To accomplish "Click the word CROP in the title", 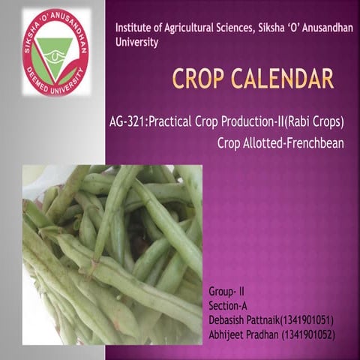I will click(199, 77).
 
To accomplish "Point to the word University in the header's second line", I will click(136, 43).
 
